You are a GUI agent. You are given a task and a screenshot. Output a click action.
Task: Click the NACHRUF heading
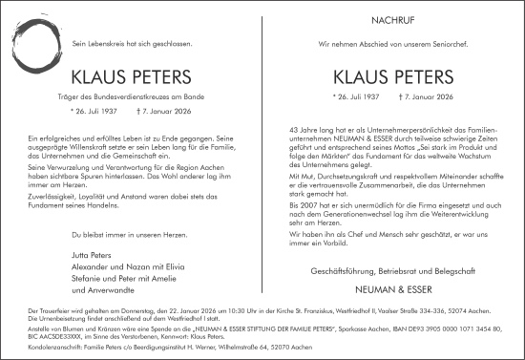tap(392, 21)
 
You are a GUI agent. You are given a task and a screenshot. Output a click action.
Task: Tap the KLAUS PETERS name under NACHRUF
tap(392, 77)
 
